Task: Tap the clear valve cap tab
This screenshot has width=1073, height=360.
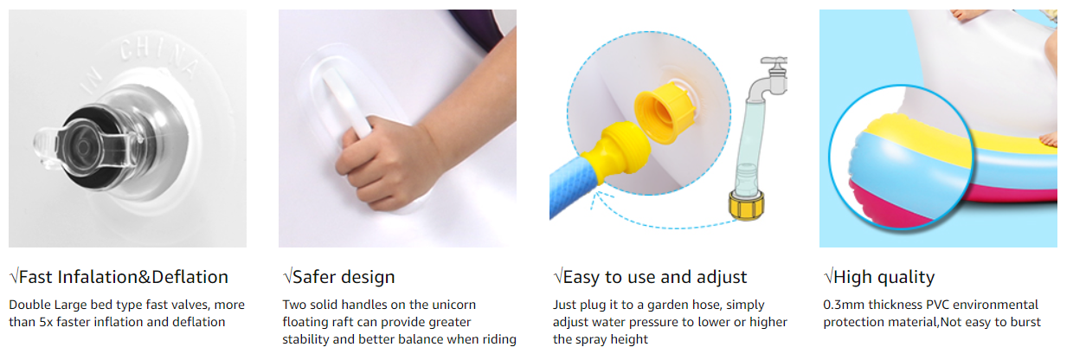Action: (47, 148)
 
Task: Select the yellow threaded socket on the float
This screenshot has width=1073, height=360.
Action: (665, 112)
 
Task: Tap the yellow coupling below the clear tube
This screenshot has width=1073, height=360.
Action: (746, 206)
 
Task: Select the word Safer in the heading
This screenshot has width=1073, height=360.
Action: (314, 277)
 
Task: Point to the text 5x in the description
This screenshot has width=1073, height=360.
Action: (46, 322)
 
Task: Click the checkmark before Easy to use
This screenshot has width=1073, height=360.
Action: (557, 276)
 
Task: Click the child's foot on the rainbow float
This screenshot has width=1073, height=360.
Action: (1048, 140)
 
